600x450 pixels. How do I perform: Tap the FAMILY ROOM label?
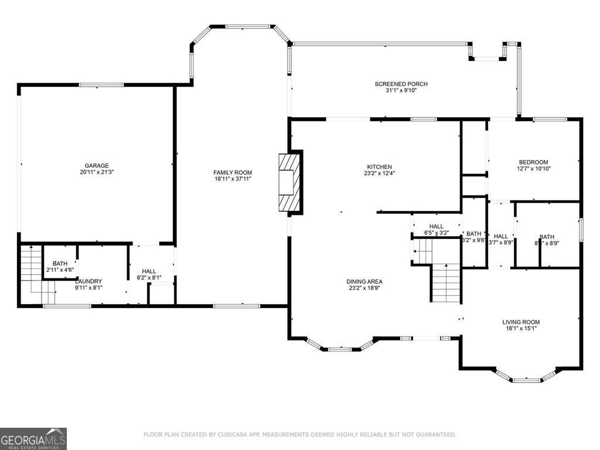tap(233, 172)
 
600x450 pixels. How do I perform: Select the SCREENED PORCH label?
tap(401, 84)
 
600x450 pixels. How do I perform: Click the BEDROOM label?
tap(533, 162)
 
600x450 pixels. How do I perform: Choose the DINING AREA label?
tap(364, 282)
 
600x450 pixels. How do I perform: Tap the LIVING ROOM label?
tap(521, 322)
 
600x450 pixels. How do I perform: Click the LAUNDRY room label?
tap(88, 281)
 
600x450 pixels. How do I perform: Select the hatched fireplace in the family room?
tap(289, 182)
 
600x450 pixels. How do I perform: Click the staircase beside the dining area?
tap(446, 282)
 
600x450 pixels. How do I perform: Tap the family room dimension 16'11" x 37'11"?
tap(233, 179)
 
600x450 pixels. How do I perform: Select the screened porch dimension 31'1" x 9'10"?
tap(401, 91)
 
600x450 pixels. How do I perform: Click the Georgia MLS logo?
tap(33, 439)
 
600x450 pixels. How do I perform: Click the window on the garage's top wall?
tap(101, 85)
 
